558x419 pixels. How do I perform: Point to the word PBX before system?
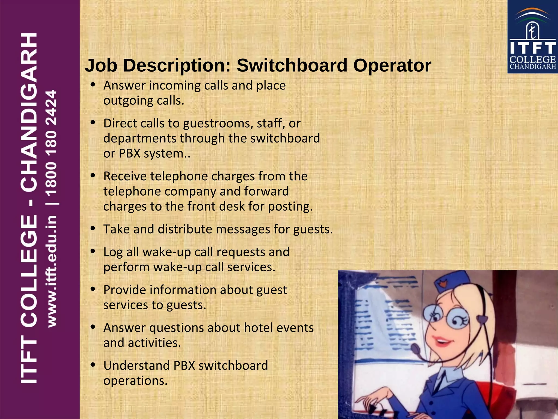[129, 154]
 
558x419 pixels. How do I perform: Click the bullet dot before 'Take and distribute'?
[93, 228]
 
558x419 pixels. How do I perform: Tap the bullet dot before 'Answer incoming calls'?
[93, 85]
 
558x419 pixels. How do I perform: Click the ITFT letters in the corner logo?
[533, 48]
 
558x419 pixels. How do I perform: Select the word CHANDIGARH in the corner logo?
[533, 67]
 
